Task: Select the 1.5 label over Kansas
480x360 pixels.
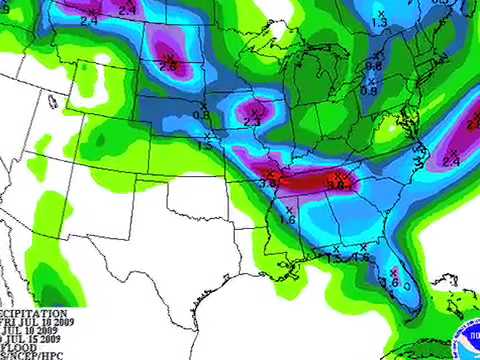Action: click(204, 145)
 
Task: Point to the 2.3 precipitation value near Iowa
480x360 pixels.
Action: click(252, 121)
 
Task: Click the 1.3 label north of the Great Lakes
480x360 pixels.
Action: click(379, 22)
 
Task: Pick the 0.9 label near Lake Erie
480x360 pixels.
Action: click(368, 91)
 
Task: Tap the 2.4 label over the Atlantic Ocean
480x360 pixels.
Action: click(450, 161)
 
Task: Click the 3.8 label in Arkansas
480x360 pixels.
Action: click(268, 184)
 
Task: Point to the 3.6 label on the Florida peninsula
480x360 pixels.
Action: click(392, 283)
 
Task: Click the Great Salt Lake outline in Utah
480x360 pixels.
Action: click(51, 100)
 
